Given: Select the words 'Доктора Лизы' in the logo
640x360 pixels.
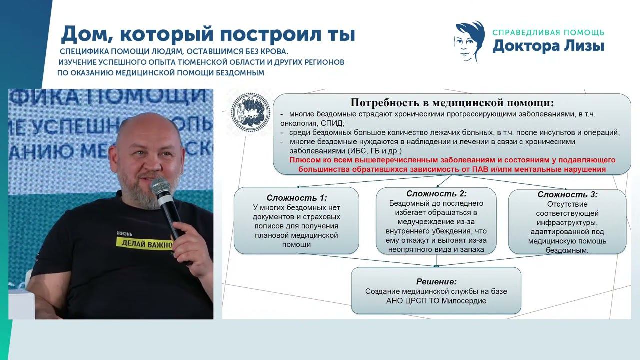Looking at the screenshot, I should (x=548, y=46).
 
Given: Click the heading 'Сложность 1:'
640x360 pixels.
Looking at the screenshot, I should (x=296, y=197).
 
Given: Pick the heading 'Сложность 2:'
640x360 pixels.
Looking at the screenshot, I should (x=436, y=193).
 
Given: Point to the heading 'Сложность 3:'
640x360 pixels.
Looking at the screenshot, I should (x=567, y=194).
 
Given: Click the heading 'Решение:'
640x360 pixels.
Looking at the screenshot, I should (x=436, y=281).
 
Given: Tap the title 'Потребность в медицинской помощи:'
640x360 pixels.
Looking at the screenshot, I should (x=452, y=103).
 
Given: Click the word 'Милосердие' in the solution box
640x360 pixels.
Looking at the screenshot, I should (x=464, y=301).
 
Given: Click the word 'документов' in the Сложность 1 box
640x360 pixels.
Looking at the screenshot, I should (x=271, y=217).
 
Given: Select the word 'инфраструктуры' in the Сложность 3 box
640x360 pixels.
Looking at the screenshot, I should (x=567, y=222).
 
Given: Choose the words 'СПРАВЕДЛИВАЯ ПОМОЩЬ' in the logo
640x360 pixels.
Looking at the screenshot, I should (x=548, y=33).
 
